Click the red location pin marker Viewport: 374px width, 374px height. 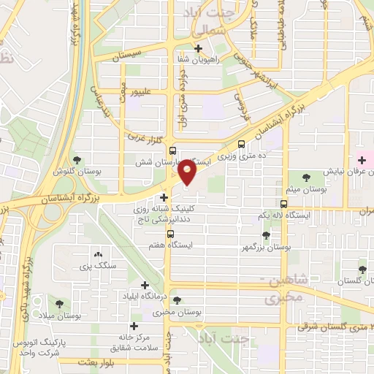188,172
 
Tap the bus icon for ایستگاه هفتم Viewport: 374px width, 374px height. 170,234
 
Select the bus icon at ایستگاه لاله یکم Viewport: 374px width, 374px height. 283,205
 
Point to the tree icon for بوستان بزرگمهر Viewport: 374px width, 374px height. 265,235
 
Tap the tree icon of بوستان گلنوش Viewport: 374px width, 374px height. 77,159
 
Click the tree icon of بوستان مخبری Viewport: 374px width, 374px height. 177,300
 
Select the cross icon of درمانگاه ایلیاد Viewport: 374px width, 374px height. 144,285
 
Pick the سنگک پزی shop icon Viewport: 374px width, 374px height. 99,254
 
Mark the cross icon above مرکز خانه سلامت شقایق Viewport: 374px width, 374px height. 133,326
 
